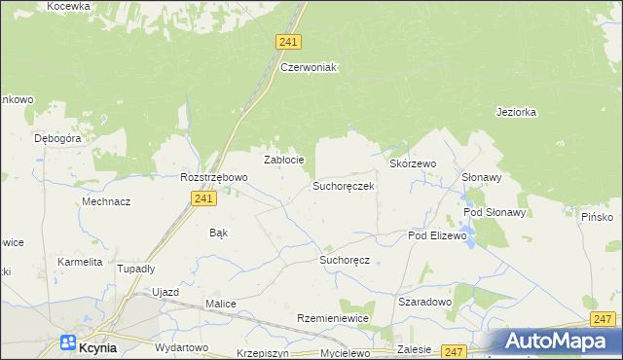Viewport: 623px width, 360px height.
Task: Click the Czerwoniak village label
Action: [x=308, y=67]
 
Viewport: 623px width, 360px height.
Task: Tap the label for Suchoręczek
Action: [x=343, y=185]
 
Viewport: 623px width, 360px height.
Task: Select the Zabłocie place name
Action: [x=285, y=160]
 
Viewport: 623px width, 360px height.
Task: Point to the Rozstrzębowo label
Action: [x=214, y=177]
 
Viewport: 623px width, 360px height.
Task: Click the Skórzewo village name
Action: [x=413, y=164]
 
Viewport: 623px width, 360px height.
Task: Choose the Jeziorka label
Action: [x=516, y=112]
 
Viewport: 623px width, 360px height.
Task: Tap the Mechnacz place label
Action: [x=106, y=201]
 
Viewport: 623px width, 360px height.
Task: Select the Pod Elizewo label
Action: [x=438, y=235]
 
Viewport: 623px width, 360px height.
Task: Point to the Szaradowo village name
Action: [x=425, y=302]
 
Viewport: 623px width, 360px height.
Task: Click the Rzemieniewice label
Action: [x=333, y=319]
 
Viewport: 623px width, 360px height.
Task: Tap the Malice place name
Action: [x=221, y=304]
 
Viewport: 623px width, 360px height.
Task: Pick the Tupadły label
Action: [x=136, y=269]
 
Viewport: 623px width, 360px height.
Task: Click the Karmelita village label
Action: [x=80, y=262]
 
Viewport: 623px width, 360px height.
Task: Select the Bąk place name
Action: [x=219, y=233]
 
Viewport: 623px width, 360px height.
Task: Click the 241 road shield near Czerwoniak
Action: [x=288, y=42]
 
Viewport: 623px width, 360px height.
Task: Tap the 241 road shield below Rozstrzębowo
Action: [x=202, y=198]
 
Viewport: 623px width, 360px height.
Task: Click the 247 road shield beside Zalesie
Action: [x=454, y=350]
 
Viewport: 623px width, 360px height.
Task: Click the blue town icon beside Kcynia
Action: [x=68, y=342]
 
